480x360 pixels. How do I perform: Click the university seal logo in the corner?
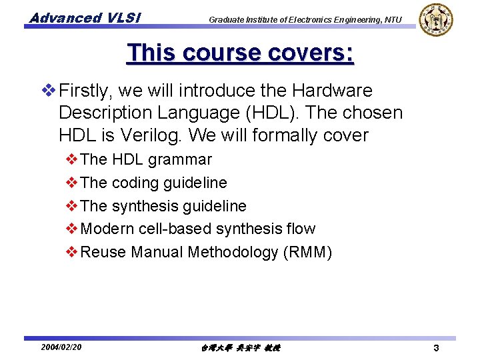point(435,19)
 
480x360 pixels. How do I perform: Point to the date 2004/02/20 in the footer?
point(61,347)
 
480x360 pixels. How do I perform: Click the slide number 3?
point(435,348)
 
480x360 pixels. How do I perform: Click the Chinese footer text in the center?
point(240,348)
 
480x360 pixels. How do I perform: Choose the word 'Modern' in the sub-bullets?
point(107,229)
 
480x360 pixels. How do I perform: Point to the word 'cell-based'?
point(174,229)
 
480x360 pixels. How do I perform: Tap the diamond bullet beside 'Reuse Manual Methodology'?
point(72,252)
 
